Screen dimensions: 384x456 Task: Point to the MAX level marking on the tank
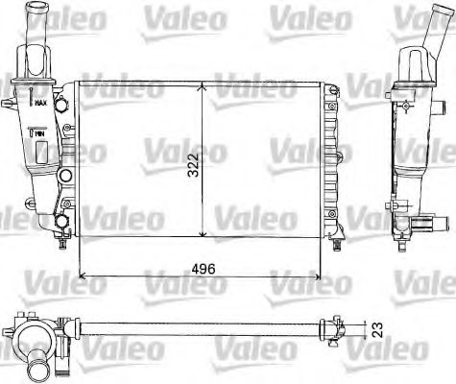(42, 100)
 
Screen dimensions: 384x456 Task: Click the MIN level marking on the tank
(41, 135)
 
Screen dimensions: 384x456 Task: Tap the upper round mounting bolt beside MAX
(61, 99)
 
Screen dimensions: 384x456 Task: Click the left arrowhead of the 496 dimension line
(81, 276)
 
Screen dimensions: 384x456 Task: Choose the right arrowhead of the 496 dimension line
(324, 276)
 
